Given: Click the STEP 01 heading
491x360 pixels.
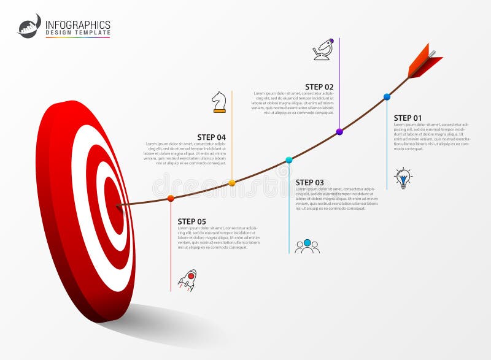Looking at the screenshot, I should click(x=408, y=118).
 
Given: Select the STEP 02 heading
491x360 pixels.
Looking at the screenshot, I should click(x=319, y=87).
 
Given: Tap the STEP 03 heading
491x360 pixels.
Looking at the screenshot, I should click(x=309, y=182).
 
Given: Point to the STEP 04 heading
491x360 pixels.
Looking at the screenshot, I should click(x=211, y=137).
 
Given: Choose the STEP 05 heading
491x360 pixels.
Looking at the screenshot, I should click(x=191, y=221).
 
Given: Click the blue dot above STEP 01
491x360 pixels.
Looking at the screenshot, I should click(x=387, y=97).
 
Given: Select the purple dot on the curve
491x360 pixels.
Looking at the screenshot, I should click(x=339, y=132).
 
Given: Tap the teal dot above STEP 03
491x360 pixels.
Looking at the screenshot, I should click(x=289, y=160).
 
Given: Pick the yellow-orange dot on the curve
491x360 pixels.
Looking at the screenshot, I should click(x=232, y=183).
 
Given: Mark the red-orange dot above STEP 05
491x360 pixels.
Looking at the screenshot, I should click(x=171, y=198).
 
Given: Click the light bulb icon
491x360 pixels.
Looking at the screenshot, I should click(x=403, y=178).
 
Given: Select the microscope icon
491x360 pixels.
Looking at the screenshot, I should click(x=323, y=49).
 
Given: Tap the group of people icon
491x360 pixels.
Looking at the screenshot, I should click(x=307, y=247).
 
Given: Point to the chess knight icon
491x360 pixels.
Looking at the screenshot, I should click(x=219, y=102).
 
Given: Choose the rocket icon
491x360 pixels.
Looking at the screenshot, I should click(x=187, y=280).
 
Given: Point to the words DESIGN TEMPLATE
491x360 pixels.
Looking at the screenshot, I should click(x=78, y=33).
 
